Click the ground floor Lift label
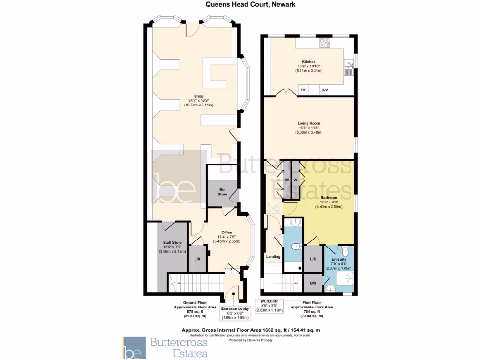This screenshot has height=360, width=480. (198, 259)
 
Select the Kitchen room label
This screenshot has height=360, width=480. (308, 62)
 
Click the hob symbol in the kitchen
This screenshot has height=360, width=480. (324, 44)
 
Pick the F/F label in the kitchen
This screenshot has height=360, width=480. (303, 90)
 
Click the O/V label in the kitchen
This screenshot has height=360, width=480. (324, 90)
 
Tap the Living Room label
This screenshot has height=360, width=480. (308, 124)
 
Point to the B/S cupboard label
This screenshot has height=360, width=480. (313, 283)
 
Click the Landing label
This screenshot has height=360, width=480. (273, 256)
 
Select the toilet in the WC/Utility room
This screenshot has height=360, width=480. (295, 247)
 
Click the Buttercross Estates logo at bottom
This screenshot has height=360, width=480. (166, 347)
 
